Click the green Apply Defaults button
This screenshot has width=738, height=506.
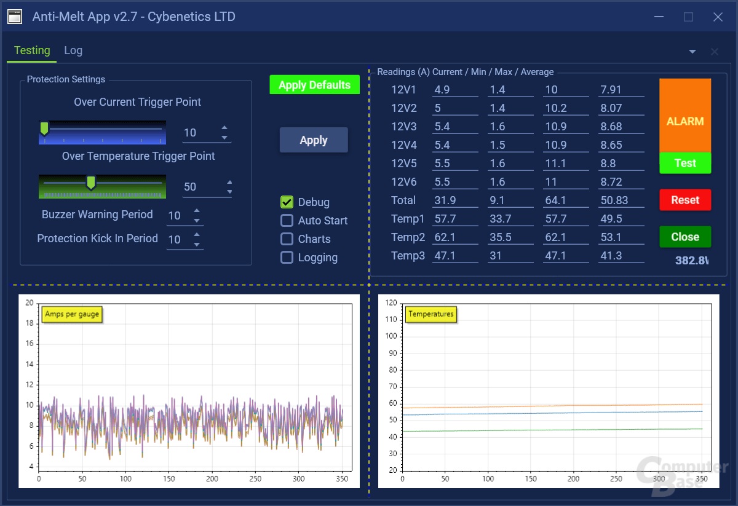314,85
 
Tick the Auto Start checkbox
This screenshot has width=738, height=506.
287,221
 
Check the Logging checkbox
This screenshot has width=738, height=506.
287,258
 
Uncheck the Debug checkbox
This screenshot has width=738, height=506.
287,202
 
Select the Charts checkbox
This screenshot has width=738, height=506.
287,239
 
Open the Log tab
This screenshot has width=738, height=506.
73,50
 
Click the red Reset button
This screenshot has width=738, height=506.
685,200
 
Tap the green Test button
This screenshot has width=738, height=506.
685,163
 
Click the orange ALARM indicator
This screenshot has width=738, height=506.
685,117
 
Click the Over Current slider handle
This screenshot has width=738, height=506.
44,128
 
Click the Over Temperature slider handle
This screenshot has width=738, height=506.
91,183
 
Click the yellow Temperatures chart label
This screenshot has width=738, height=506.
431,314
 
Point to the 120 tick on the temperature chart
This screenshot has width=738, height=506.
391,302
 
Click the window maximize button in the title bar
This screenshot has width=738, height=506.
689,17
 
